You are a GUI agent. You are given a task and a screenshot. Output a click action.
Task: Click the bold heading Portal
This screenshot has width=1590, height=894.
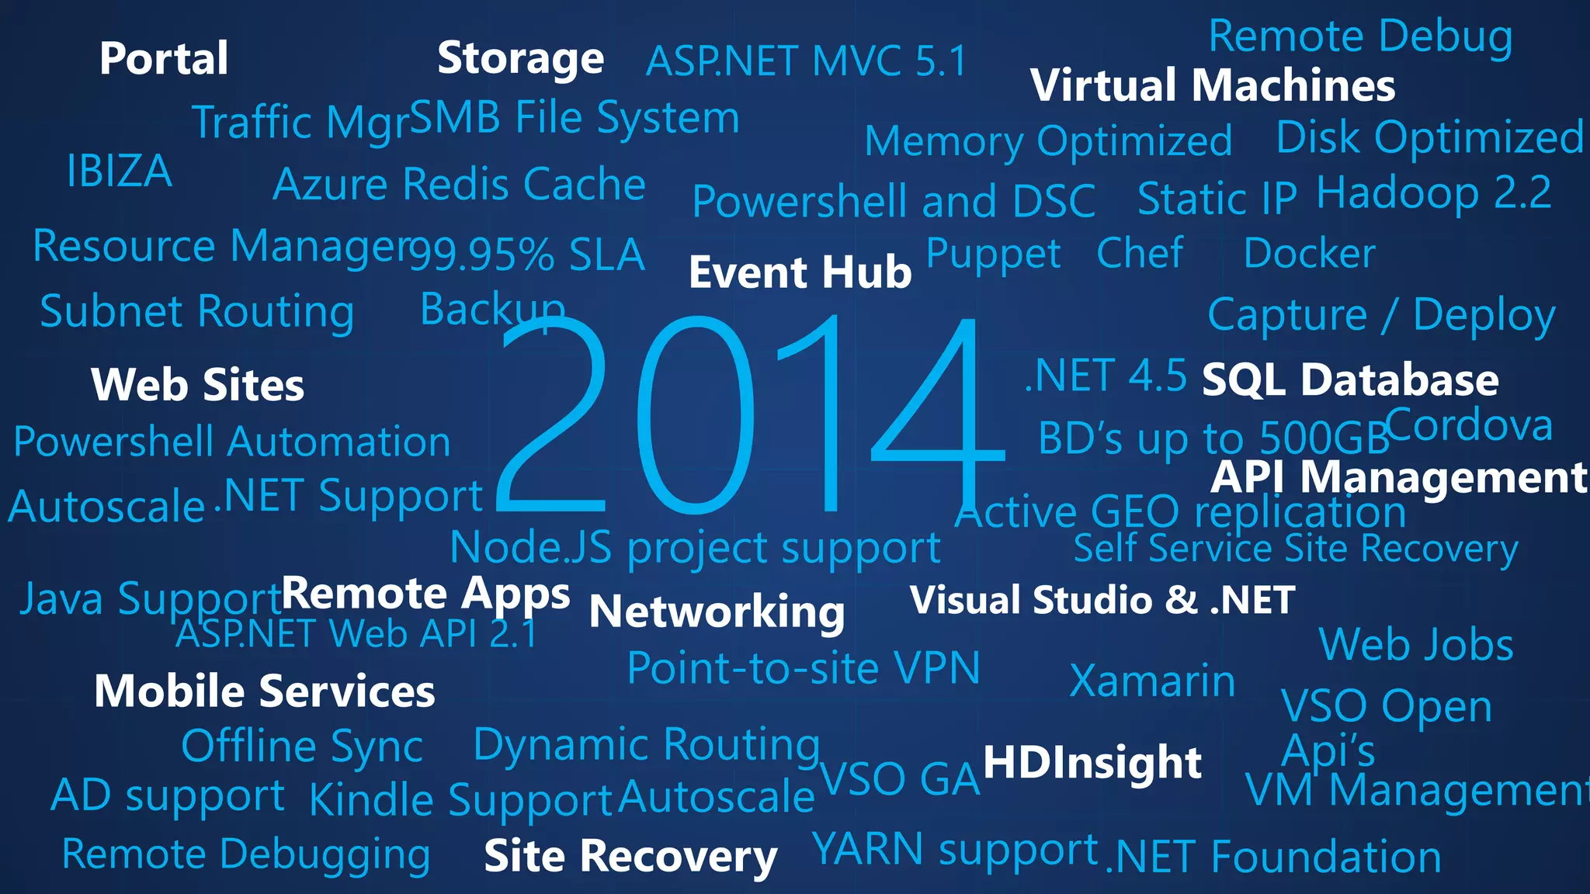point(164,59)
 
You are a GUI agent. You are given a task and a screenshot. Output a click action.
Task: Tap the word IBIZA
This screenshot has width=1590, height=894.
point(119,172)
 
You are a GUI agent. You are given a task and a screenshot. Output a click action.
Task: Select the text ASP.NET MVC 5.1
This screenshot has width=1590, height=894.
point(807,61)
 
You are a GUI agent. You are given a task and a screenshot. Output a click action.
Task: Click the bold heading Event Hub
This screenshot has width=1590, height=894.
point(800,272)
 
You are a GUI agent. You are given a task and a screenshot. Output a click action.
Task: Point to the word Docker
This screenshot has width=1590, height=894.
point(1309,254)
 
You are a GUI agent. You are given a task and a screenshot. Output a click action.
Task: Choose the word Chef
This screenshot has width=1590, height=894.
point(1140,253)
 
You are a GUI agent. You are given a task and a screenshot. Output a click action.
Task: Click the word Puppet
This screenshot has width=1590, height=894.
point(993,255)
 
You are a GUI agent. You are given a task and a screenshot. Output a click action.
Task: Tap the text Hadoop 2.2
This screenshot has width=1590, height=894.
point(1434,192)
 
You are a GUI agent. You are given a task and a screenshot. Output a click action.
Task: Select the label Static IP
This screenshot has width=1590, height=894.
point(1217,199)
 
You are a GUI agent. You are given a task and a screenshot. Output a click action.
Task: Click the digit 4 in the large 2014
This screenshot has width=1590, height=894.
point(936,419)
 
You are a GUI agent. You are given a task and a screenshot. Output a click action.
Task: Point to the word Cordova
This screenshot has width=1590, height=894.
point(1469,426)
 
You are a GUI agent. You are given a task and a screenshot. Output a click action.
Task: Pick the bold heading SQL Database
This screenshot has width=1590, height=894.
point(1350,380)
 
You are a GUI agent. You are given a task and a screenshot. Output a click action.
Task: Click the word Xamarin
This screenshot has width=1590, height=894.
point(1152,681)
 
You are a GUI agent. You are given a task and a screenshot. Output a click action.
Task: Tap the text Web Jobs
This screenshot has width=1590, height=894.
point(1416,645)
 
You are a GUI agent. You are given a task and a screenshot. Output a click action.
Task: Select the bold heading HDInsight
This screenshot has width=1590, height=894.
point(1092,762)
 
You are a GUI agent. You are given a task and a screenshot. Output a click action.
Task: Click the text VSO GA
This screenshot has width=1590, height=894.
point(900,779)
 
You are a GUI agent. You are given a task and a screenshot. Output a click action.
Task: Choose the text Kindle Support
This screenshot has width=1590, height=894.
point(461,800)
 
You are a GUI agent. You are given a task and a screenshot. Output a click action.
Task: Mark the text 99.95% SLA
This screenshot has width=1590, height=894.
point(527,255)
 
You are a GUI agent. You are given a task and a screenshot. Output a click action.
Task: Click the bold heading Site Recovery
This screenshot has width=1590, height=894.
point(630,856)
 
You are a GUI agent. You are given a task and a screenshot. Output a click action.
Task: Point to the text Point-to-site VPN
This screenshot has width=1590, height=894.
point(804,668)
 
